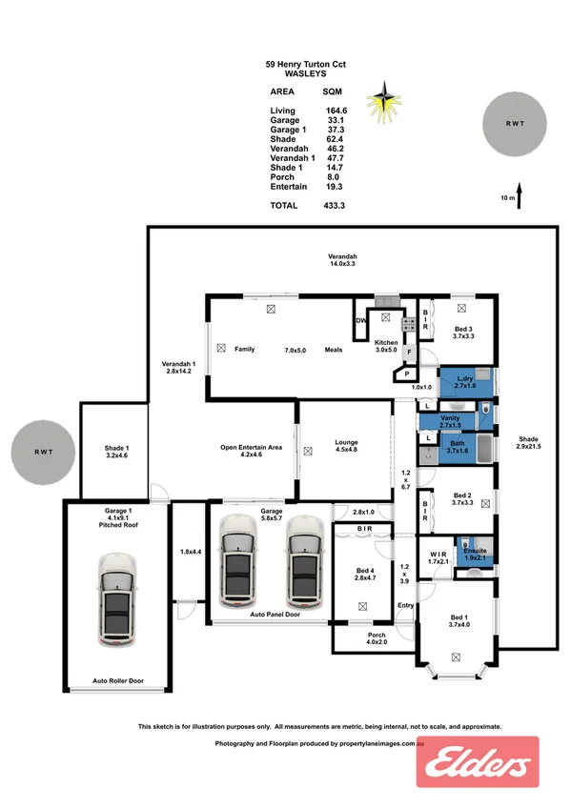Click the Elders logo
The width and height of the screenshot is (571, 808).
coord(478,762)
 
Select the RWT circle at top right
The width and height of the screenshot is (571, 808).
coord(515,123)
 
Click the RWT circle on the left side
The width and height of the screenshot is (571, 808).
coord(44,453)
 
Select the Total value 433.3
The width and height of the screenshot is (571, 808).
coord(334,205)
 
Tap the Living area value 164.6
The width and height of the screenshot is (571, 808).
coord(334,111)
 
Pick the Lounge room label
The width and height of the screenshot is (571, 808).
coord(345,441)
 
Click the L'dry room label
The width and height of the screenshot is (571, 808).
coord(464,377)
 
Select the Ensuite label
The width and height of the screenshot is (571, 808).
coord(475,551)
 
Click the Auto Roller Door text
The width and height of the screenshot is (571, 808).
coord(117,681)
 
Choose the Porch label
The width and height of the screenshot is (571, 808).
coord(377,637)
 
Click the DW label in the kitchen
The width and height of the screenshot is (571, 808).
coord(361,321)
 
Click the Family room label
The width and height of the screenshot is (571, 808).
coord(245,350)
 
